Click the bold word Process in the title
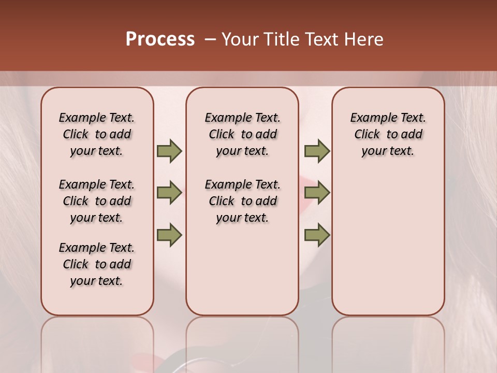tap(160, 39)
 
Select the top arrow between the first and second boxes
tap(169, 151)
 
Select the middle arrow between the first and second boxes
tap(169, 193)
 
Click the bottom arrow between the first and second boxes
tap(169, 235)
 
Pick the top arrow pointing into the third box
tap(317, 151)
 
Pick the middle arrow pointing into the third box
tap(317, 193)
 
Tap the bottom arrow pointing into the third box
tap(317, 235)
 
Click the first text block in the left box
tap(97, 134)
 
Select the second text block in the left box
tap(97, 201)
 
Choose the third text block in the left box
tap(97, 264)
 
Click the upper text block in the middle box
tap(242, 134)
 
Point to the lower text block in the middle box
tap(242, 201)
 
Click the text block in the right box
tap(388, 134)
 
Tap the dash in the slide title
tap(210, 40)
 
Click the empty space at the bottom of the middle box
tap(242, 275)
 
